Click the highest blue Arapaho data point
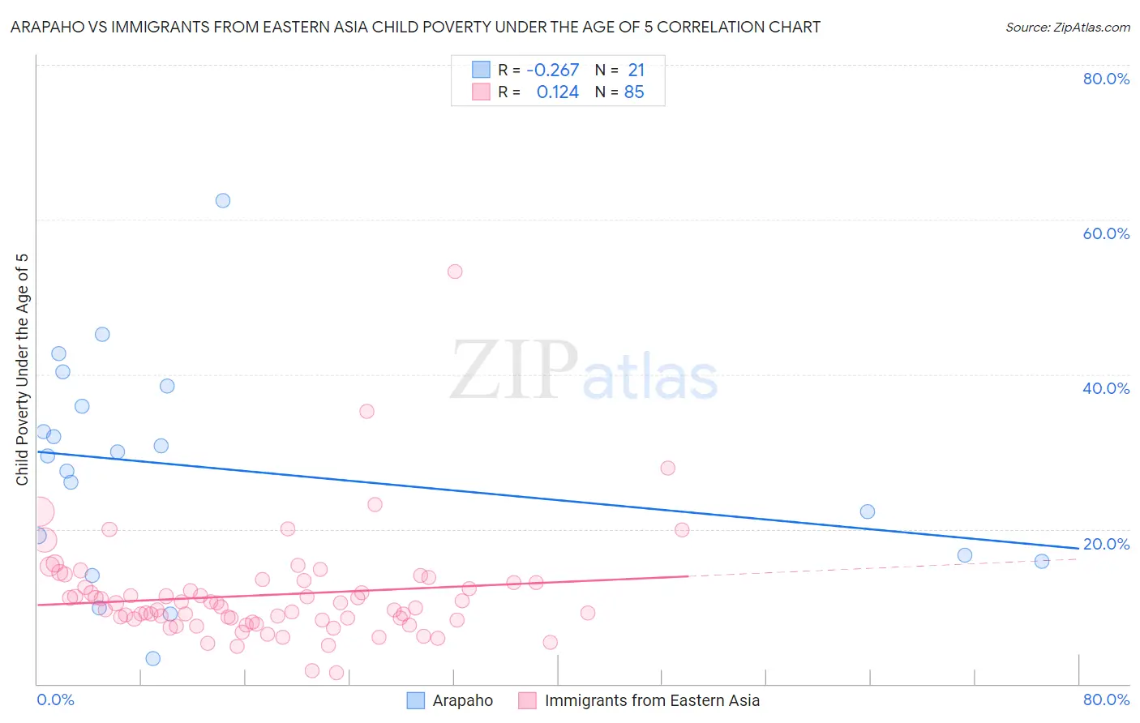[223, 200]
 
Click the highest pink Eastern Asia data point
[455, 272]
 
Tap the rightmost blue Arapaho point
[1042, 561]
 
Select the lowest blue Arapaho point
[153, 658]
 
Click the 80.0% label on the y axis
[1106, 79]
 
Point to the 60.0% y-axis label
[1106, 233]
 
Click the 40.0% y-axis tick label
[1106, 388]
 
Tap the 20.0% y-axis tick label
[1106, 544]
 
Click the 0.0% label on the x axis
[56, 699]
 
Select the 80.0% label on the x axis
[1106, 699]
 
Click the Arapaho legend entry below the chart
[462, 700]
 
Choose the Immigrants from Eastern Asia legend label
[652, 700]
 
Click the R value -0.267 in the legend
[552, 71]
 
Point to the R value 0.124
[558, 92]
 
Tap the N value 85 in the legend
[634, 92]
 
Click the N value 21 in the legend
[636, 71]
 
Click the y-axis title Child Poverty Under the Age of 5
[22, 370]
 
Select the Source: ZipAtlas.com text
[1067, 28]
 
